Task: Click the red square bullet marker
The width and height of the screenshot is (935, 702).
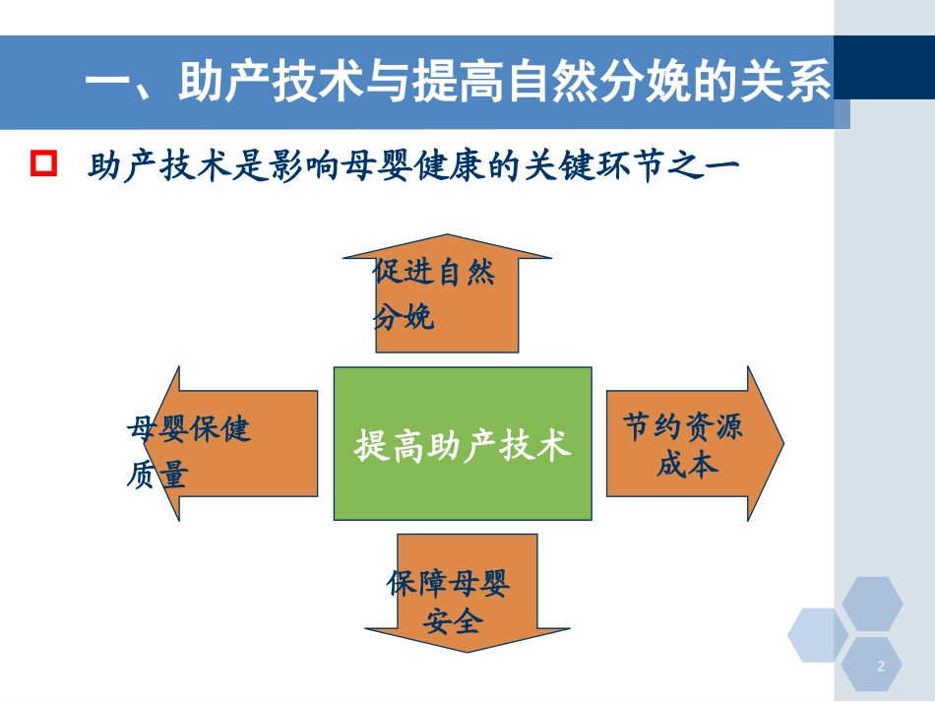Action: click(45, 164)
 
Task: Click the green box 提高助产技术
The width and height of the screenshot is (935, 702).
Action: click(463, 444)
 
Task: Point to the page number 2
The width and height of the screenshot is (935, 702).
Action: click(881, 667)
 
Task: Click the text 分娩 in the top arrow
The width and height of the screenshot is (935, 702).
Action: click(404, 317)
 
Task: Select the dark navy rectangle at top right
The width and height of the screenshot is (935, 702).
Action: click(884, 68)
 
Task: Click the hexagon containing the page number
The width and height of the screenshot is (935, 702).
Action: click(872, 667)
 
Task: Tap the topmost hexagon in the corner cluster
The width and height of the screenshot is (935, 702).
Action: click(872, 604)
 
